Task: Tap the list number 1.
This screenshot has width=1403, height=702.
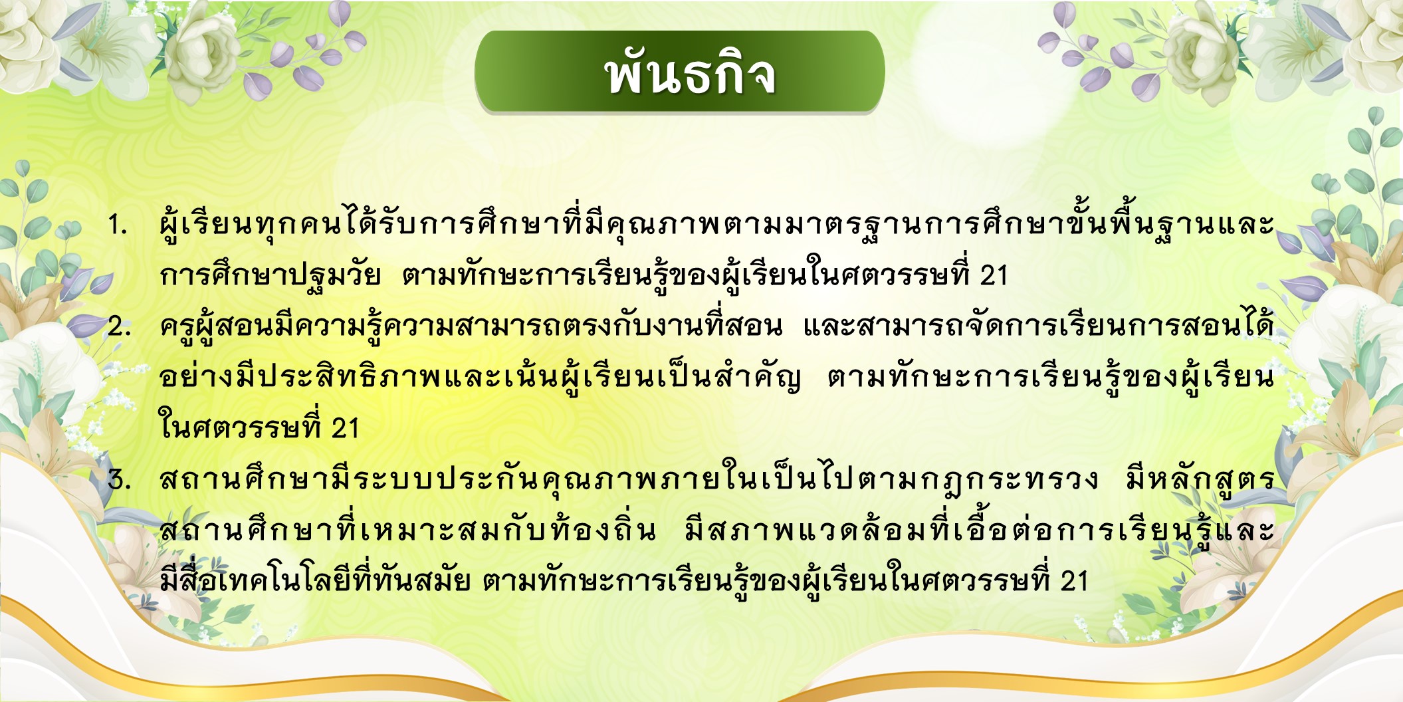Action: [x=118, y=225]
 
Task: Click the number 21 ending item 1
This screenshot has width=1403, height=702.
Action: [x=994, y=275]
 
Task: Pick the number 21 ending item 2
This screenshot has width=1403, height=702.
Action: [x=345, y=428]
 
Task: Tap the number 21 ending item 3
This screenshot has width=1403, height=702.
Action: [x=1074, y=581]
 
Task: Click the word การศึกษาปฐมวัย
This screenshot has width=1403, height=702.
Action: [x=270, y=274]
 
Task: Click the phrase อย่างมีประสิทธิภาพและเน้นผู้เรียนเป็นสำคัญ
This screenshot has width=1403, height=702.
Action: [x=480, y=376]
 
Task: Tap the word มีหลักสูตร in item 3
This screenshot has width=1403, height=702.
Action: [x=1200, y=478]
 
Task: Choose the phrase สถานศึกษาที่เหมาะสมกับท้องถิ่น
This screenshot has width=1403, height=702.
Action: [x=408, y=530]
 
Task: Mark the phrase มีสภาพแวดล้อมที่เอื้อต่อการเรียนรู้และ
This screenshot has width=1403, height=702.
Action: [x=979, y=530]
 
